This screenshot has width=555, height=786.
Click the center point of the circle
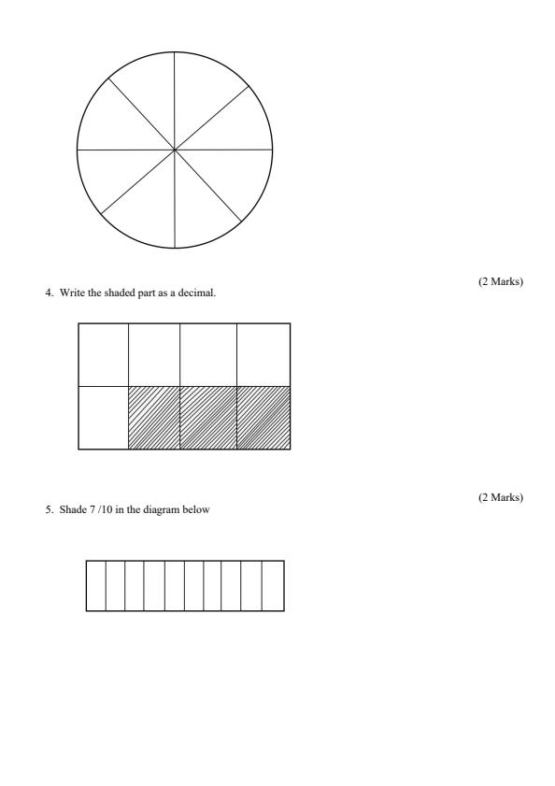[175, 150]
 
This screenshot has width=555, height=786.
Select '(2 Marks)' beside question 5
[500, 497]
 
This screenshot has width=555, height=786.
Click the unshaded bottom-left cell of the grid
[103, 417]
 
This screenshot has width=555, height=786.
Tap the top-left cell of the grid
[103, 354]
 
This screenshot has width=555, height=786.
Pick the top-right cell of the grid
[263, 354]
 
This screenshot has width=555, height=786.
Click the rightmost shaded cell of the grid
[263, 417]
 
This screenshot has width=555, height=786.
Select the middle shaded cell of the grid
[207, 417]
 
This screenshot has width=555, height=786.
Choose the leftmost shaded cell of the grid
[153, 417]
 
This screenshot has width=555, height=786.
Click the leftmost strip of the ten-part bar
[95, 586]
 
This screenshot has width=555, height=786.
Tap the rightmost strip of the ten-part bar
[274, 586]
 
